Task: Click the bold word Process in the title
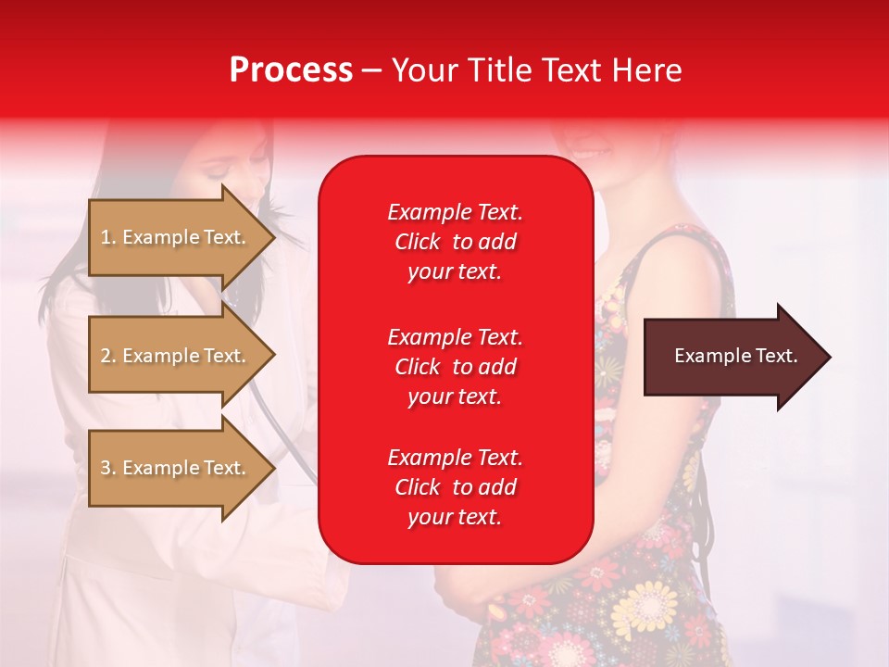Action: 291,70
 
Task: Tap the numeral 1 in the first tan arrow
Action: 105,237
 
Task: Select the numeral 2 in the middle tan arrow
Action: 105,356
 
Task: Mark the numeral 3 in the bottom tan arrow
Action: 105,468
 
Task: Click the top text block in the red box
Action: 455,242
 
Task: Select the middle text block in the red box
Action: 455,367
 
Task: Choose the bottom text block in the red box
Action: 455,487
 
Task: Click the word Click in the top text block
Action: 417,242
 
